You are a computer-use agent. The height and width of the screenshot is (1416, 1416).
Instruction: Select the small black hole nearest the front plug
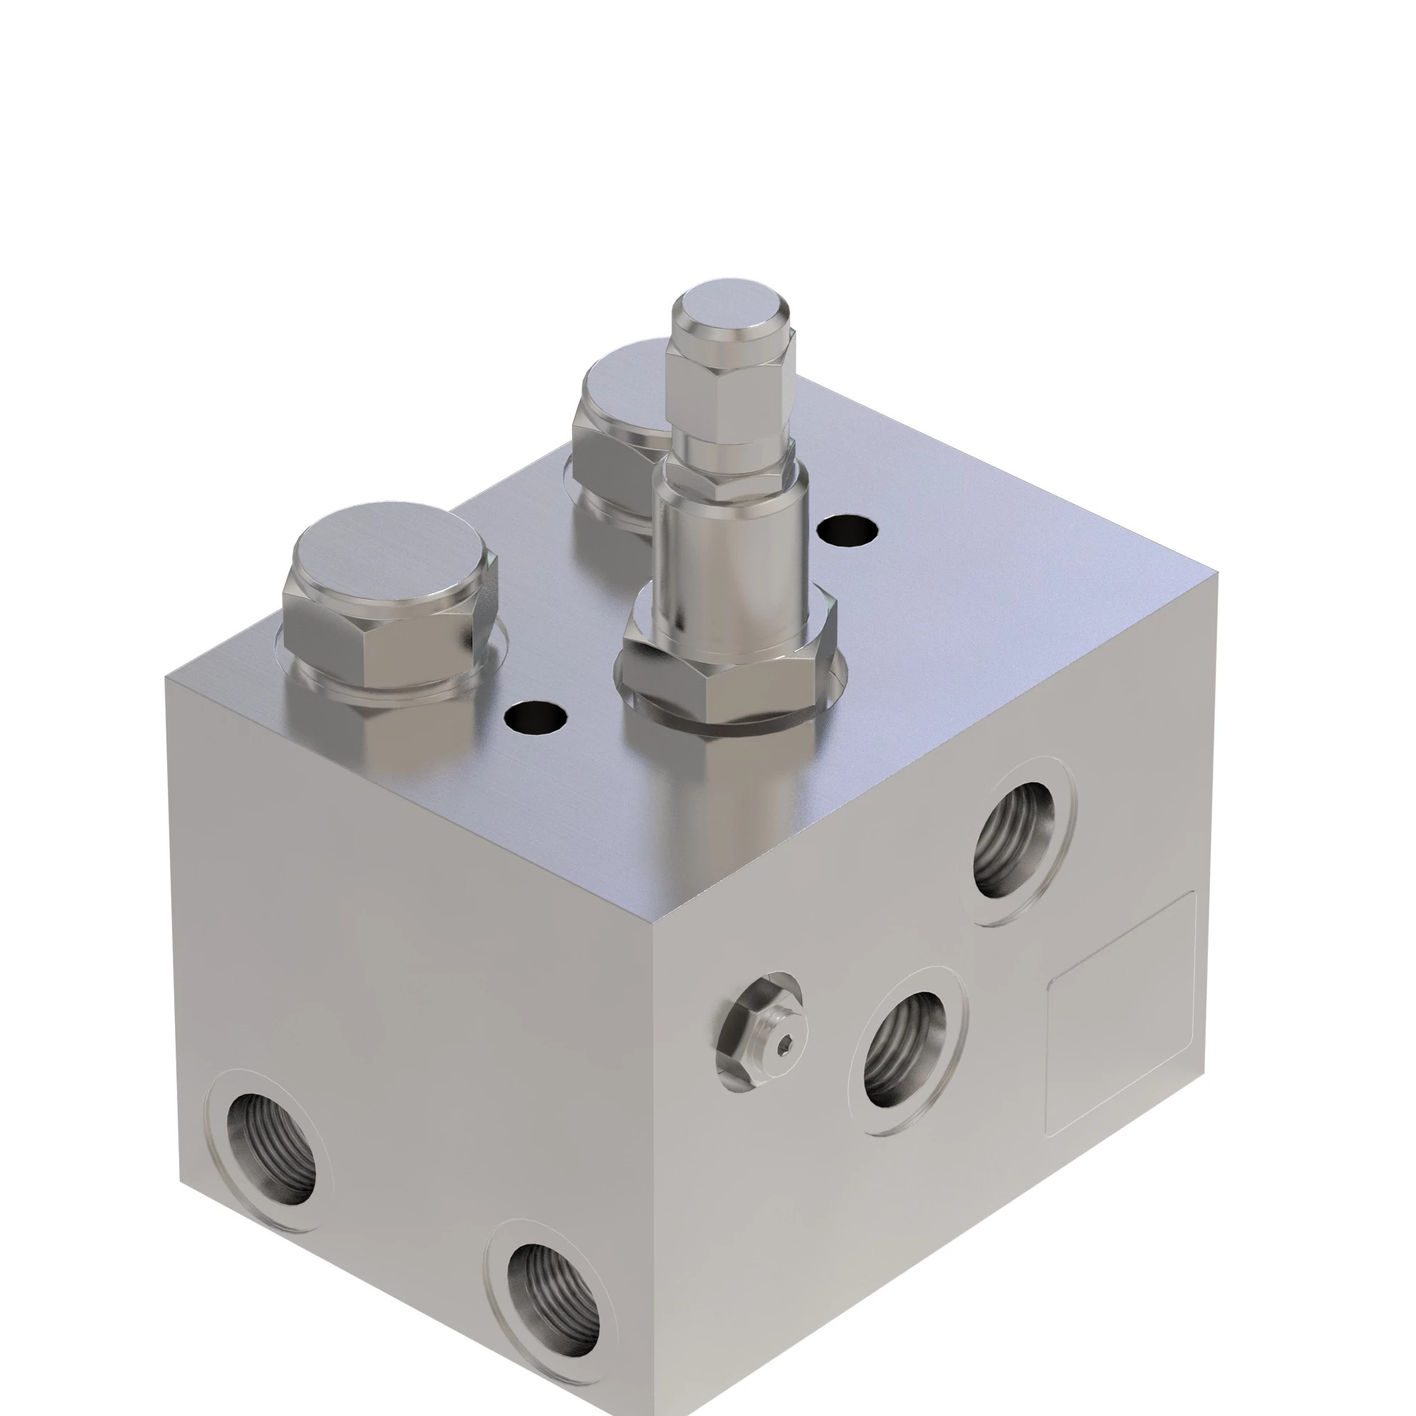[x=537, y=717]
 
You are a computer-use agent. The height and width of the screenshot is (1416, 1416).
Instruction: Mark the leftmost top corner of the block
[x=167, y=679]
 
